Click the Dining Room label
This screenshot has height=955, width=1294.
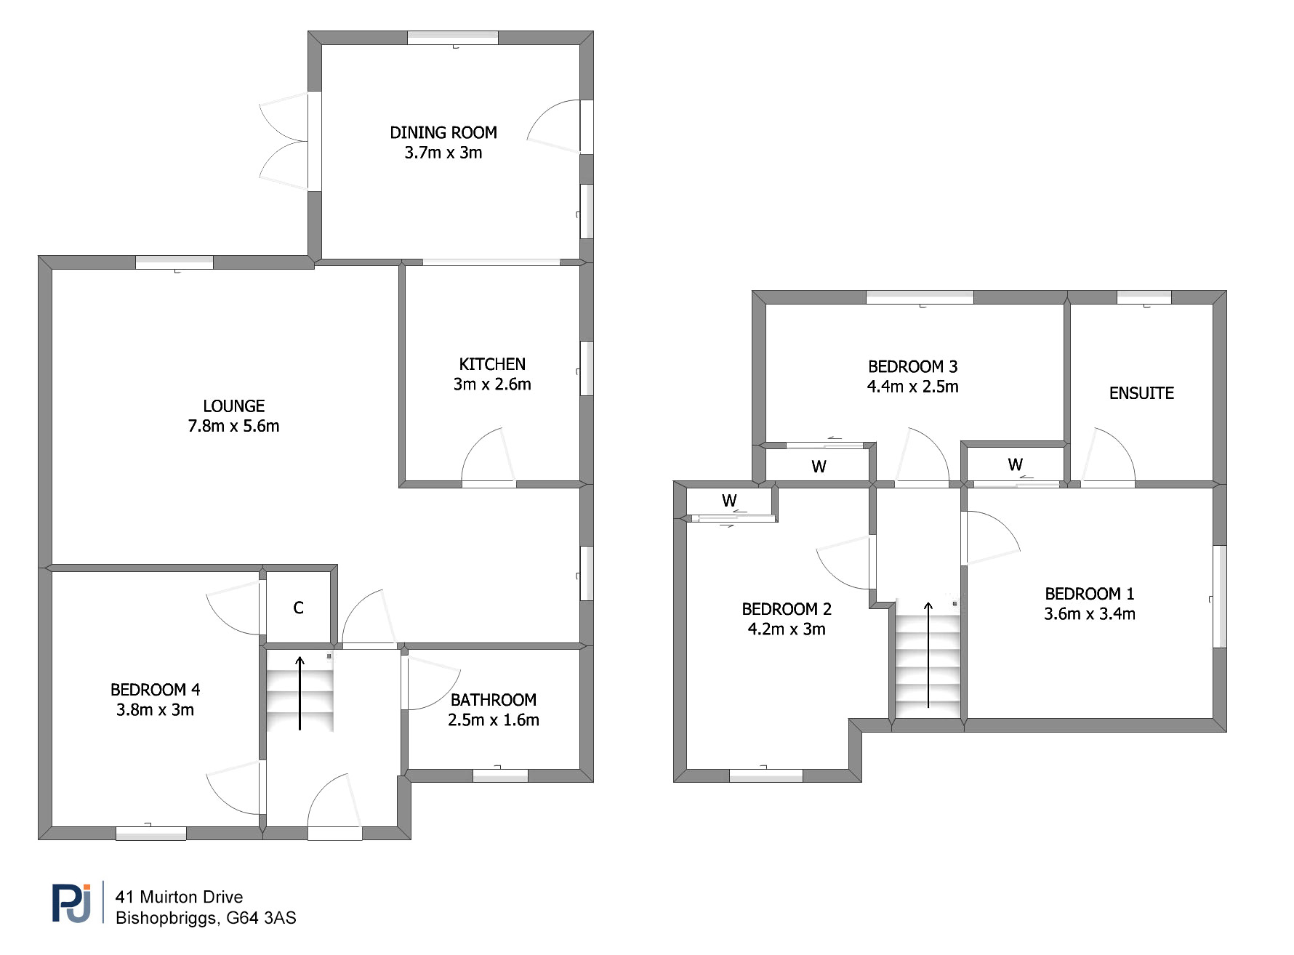click(443, 132)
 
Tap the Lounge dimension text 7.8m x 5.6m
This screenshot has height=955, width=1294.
click(233, 426)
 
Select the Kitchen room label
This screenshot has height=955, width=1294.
click(492, 364)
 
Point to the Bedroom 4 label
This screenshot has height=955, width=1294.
click(155, 690)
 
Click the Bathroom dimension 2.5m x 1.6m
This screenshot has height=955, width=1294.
click(494, 720)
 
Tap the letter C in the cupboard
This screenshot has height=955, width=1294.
click(298, 608)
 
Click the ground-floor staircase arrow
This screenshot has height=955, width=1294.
click(300, 693)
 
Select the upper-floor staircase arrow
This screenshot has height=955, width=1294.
click(928, 654)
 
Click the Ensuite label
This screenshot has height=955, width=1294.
click(1141, 393)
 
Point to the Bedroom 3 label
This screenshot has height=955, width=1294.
click(912, 366)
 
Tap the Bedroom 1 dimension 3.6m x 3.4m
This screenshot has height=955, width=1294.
click(1090, 614)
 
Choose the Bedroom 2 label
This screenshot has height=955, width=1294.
click(787, 609)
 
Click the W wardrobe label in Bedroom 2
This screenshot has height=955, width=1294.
click(729, 500)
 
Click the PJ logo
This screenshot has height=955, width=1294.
click(72, 903)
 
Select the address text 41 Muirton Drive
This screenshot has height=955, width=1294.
click(179, 897)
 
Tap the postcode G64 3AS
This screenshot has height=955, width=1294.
click(261, 918)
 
